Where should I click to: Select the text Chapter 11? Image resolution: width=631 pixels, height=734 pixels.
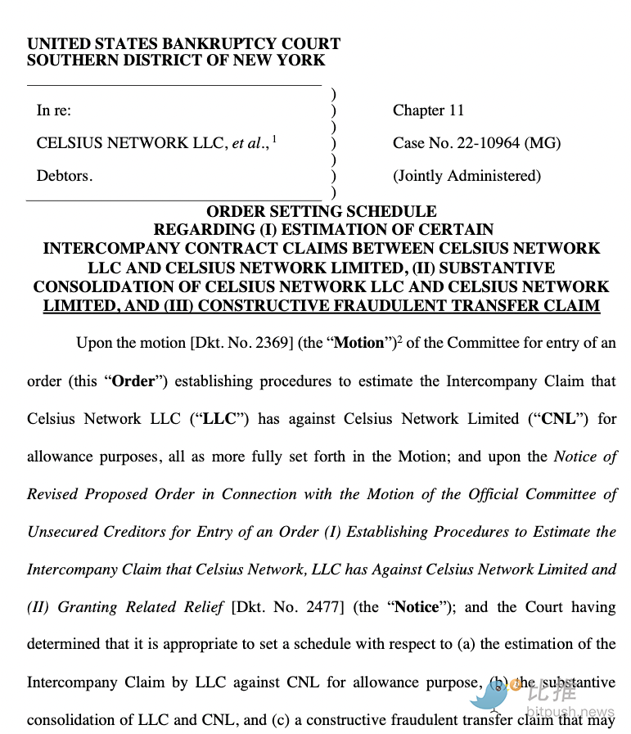tap(428, 110)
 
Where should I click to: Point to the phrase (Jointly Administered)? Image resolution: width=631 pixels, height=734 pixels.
tap(466, 176)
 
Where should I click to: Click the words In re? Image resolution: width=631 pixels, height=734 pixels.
tap(54, 110)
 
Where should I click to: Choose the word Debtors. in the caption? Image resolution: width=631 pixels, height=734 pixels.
tap(65, 176)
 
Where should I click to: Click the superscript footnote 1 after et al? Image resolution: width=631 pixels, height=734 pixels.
tap(274, 139)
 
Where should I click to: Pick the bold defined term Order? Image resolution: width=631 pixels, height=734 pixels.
tap(133, 381)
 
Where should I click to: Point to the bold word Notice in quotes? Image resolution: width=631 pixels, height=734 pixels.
tap(417, 606)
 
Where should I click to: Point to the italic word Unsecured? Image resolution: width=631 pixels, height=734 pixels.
tap(62, 531)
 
